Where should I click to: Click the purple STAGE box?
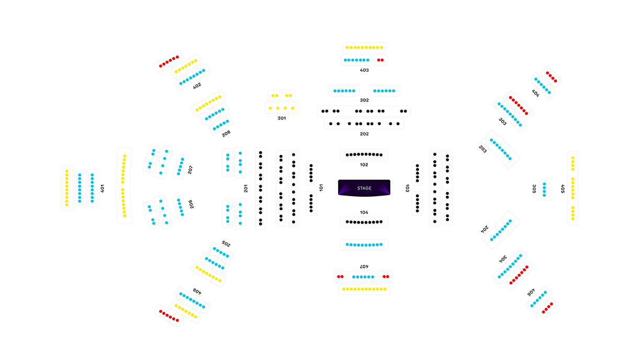pyautogui.click(x=364, y=188)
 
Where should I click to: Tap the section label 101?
pyautogui.click(x=321, y=187)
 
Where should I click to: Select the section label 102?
pyautogui.click(x=364, y=165)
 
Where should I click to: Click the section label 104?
pyautogui.click(x=364, y=212)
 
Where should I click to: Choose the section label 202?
pyautogui.click(x=364, y=134)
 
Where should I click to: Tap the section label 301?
pyautogui.click(x=282, y=118)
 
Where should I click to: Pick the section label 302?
pyautogui.click(x=364, y=100)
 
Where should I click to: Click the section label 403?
pyautogui.click(x=364, y=70)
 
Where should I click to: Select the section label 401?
pyautogui.click(x=103, y=188)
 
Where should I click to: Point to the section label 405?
pyautogui.click(x=563, y=188)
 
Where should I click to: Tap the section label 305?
pyautogui.click(x=534, y=188)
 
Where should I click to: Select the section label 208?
pyautogui.click(x=226, y=134)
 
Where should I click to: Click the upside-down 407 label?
pyautogui.click(x=364, y=267)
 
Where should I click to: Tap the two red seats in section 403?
pyautogui.click(x=380, y=60)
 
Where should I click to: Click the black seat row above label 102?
pyautogui.click(x=364, y=154)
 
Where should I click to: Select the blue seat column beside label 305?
pyautogui.click(x=545, y=189)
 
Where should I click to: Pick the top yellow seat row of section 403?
pyautogui.click(x=364, y=48)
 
